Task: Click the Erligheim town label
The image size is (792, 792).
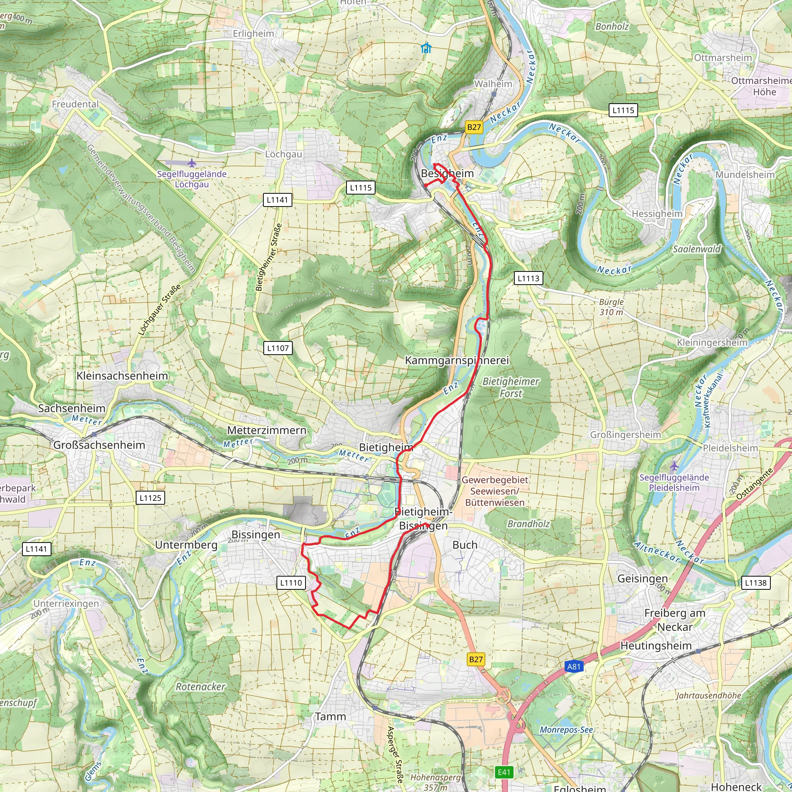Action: coord(253,34)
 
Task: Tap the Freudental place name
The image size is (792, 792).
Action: coord(75,104)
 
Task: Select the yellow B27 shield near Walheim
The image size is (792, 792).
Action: coord(474,127)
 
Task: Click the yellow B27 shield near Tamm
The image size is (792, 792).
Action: coord(476,659)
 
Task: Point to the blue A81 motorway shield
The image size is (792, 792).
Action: coord(574,667)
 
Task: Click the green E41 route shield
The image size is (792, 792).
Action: coord(504,772)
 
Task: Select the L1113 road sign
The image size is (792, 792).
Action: coord(528,278)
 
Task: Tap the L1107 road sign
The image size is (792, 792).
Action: coord(278,348)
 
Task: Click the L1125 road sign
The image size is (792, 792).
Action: coord(150,498)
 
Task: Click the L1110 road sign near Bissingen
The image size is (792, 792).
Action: coord(291,582)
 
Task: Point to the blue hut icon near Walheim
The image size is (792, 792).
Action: coord(426,48)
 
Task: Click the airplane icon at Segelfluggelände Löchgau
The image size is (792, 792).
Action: coord(191,163)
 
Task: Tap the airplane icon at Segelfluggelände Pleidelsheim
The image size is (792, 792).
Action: coord(674,466)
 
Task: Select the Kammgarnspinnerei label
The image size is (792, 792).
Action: coord(457,360)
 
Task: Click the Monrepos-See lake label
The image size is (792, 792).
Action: coord(566,730)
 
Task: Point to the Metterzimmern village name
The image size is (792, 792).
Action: coord(267,430)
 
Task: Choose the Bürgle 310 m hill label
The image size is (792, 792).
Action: coord(611,307)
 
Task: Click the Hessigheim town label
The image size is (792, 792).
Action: coord(657,213)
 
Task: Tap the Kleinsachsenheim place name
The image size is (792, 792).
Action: coord(122,376)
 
